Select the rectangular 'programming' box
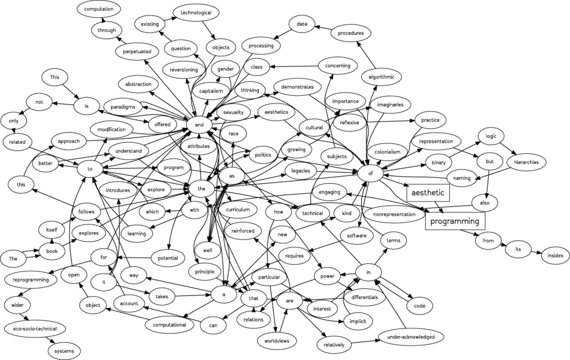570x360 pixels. click(454, 221)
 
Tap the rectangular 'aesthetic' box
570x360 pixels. click(428, 193)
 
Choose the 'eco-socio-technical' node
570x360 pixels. click(35, 329)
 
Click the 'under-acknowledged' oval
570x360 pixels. click(410, 336)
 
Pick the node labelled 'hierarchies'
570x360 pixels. click(526, 162)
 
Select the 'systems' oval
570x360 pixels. click(64, 351)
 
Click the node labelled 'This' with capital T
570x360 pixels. click(55, 77)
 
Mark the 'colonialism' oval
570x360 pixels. click(387, 152)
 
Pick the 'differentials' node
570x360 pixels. click(365, 297)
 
